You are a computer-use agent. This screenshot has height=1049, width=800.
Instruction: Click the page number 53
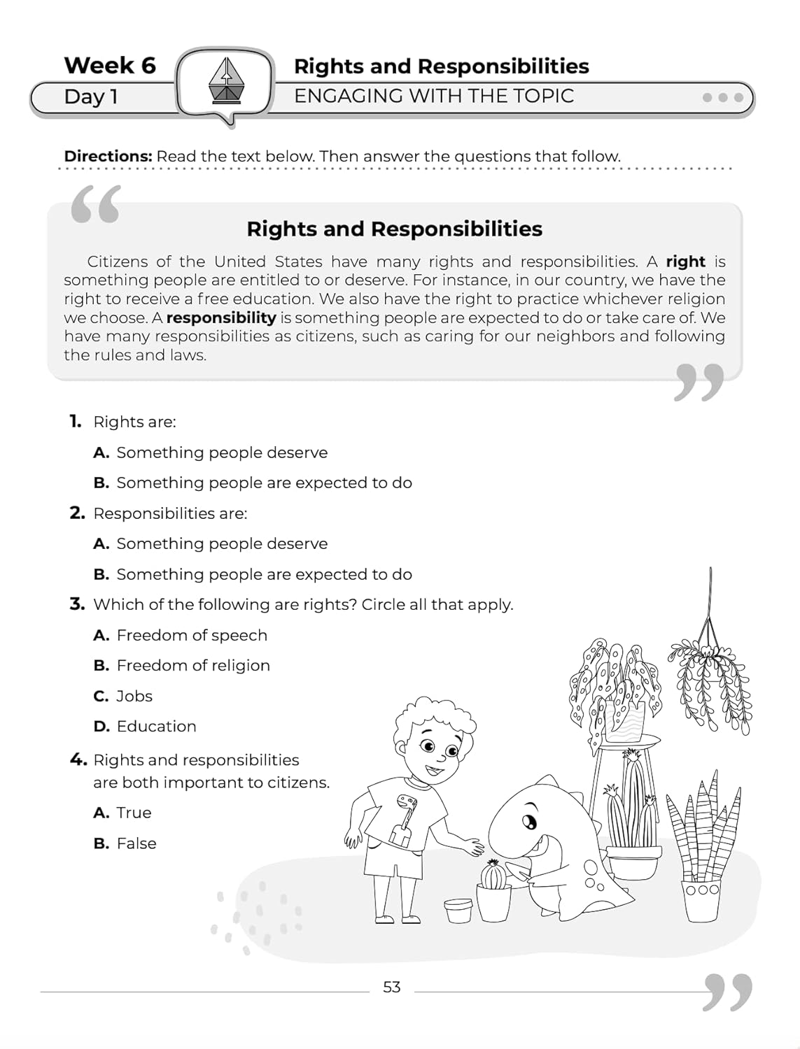pos(391,987)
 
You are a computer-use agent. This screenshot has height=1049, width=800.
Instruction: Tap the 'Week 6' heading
pos(110,65)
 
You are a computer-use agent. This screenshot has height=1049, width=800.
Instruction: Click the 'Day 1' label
pos(90,97)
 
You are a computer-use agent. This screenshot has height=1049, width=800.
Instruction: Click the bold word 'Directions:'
pos(108,156)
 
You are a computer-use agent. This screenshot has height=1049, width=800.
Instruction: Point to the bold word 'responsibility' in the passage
pos(221,317)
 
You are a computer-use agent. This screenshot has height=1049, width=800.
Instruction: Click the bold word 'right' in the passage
pos(685,262)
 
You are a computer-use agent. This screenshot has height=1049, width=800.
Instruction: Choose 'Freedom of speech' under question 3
pos(192,635)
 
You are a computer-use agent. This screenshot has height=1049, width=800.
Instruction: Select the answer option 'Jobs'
pos(134,696)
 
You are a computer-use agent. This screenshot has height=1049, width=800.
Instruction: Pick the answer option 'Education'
pos(156,726)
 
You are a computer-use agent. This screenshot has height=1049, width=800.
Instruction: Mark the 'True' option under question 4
pos(134,813)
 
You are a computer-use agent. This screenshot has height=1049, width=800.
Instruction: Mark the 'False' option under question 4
pos(136,843)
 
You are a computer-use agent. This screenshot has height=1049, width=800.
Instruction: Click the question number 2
pos(77,513)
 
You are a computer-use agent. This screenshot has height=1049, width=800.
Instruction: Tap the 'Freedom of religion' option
pos(193,665)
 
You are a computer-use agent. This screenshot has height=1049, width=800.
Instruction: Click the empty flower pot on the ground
pos(458,911)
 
